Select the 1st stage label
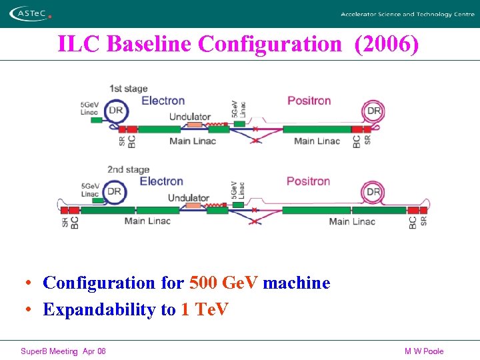pos(128,89)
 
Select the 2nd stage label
pos(128,169)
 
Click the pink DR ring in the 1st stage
pos(374,111)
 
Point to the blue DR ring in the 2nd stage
pos(115,192)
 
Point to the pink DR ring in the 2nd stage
pos(373,192)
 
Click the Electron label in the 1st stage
pos(163,101)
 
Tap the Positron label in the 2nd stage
pos(308,181)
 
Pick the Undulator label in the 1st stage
pos(190,117)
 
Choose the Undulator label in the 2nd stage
pos(189,198)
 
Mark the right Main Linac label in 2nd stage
pos(352,221)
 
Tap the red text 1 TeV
pos(204,309)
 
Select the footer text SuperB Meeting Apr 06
pos(63,351)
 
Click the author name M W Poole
pos(424,351)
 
